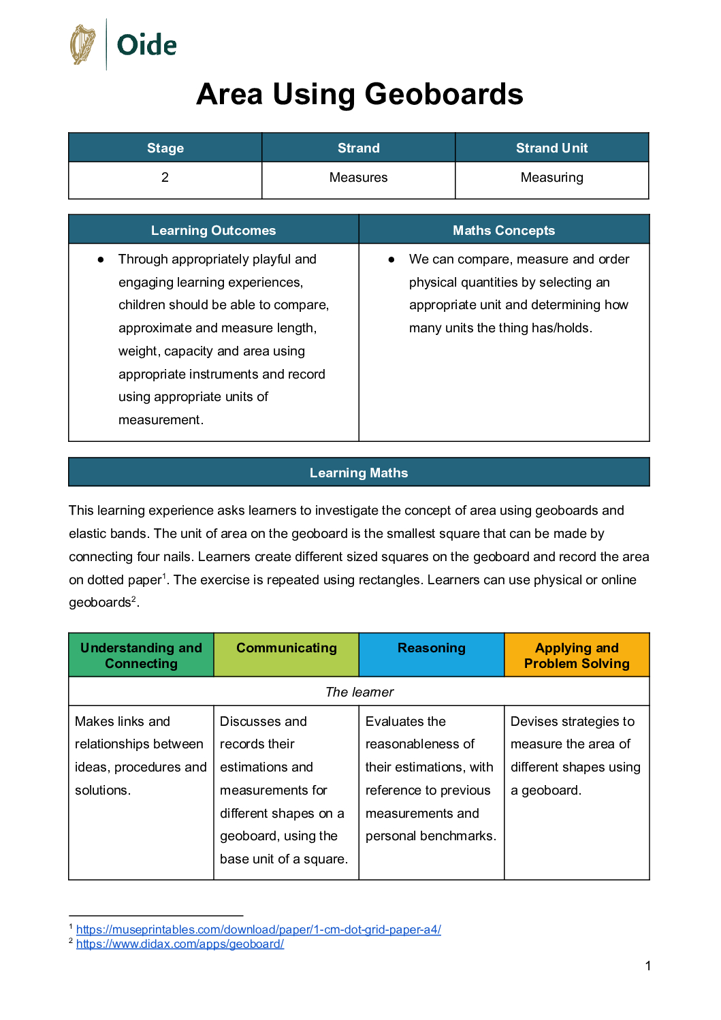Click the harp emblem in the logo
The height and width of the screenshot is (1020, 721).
(x=83, y=45)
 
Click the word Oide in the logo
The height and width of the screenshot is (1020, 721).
(x=146, y=46)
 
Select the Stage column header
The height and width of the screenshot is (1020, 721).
(x=165, y=148)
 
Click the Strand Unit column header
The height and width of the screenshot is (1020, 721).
(x=551, y=148)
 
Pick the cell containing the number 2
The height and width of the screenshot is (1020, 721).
(x=165, y=178)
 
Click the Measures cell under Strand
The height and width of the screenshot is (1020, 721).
(x=358, y=178)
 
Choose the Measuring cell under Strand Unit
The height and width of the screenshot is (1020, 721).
(x=551, y=178)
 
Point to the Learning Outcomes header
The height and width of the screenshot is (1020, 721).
(x=213, y=230)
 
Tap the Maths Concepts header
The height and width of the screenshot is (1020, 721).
(x=504, y=230)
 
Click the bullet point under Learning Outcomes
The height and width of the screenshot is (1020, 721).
(x=101, y=259)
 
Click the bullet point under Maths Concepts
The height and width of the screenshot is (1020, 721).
(x=391, y=259)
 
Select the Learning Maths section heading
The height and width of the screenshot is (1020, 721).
(x=359, y=473)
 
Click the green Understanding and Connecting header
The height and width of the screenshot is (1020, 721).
(x=141, y=655)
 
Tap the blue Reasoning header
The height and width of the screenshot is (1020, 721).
(x=431, y=648)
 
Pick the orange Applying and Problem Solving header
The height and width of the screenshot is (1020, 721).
(x=577, y=655)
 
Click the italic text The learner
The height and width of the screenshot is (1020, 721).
(x=359, y=692)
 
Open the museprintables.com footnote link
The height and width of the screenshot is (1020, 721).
(x=258, y=929)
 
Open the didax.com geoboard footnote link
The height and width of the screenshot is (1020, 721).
(x=180, y=944)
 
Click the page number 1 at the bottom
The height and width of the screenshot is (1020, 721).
(x=647, y=966)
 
